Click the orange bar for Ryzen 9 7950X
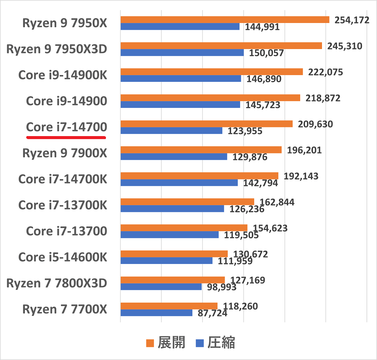point(225,20)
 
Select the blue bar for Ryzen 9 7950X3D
point(182,52)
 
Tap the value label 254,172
point(352,20)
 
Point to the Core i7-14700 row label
point(66,127)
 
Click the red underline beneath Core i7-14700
point(66,137)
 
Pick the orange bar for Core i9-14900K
point(211,72)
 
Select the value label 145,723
point(263,105)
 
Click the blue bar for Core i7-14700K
point(179,182)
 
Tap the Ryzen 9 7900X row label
point(65,153)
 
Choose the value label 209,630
point(315,124)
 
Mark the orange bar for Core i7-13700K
point(187,202)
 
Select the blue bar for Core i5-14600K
point(166,260)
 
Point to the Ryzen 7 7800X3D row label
point(57,283)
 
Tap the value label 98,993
point(222,287)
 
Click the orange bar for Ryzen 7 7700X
point(169,306)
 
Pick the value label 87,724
point(213,313)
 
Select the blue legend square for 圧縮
point(200,343)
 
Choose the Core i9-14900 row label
point(66,101)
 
